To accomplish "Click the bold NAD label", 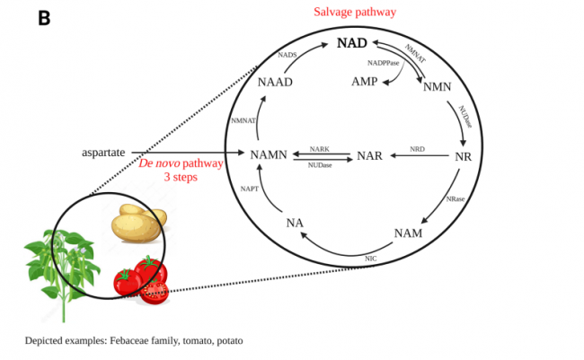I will [351, 43].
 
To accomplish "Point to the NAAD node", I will [275, 82].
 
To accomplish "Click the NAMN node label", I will [270, 155].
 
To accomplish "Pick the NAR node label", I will [370, 155].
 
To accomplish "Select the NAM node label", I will [409, 235].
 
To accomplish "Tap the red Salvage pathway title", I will [355, 11].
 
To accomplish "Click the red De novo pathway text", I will [181, 164].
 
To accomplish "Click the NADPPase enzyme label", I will [383, 63].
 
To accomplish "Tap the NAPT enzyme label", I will [249, 189].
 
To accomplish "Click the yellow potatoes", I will [138, 224].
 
